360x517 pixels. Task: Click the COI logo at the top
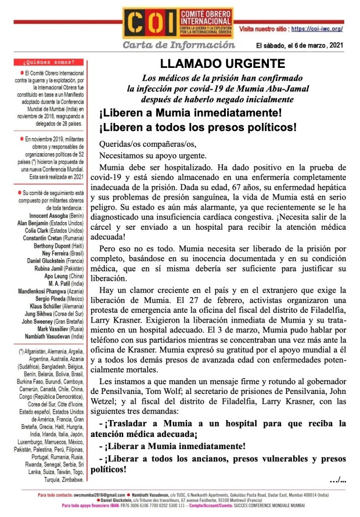click(178, 25)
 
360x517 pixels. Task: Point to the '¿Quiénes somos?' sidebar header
click(44, 61)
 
